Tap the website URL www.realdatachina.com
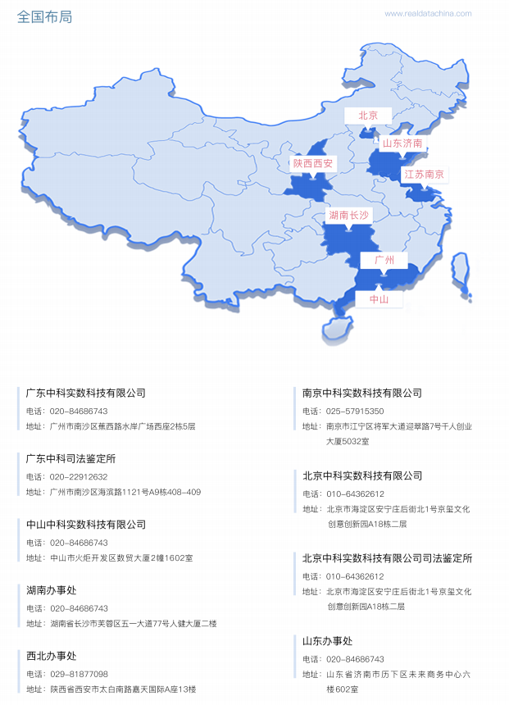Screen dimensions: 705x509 [x=428, y=13]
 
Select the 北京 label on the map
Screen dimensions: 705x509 [x=368, y=116]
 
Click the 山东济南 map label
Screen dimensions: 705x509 [x=402, y=143]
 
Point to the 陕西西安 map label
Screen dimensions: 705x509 [x=313, y=164]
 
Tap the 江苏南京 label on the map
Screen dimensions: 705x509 [x=424, y=174]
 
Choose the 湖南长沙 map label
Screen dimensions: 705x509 [x=348, y=216]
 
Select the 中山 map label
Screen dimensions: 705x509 [x=379, y=300]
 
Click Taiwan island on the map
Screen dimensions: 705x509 [x=461, y=271]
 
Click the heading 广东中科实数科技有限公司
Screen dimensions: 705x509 [x=85, y=393]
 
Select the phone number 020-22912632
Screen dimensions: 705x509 [x=79, y=476]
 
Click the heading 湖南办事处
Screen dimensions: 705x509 [x=51, y=589]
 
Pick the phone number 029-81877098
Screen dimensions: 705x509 [x=79, y=673]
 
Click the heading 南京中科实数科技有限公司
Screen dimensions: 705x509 [x=362, y=393]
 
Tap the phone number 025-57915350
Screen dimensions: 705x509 [x=355, y=411]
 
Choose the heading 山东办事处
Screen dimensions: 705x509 [x=327, y=640]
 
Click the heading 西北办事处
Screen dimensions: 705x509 [x=51, y=655]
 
